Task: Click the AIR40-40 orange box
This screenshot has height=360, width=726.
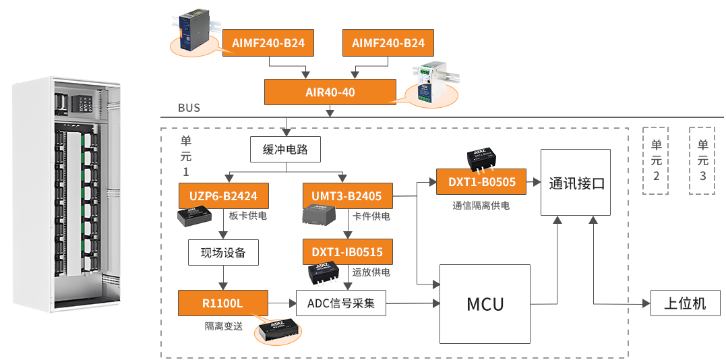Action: pyautogui.click(x=329, y=92)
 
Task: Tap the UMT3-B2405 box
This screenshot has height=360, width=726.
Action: pyautogui.click(x=346, y=196)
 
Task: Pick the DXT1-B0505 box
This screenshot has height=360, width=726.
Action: pyautogui.click(x=481, y=181)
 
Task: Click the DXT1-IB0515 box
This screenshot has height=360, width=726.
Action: pyautogui.click(x=347, y=252)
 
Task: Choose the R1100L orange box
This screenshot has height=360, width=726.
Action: pyautogui.click(x=223, y=303)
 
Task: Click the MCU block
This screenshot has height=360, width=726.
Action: pyautogui.click(x=485, y=303)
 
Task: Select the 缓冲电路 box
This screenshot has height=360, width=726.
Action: pyautogui.click(x=284, y=150)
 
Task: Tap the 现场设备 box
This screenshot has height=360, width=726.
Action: pyautogui.click(x=223, y=253)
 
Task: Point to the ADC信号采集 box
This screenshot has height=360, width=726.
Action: pyautogui.click(x=341, y=303)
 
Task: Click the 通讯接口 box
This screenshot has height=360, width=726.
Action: pyautogui.click(x=576, y=183)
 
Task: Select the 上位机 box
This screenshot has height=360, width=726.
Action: pyautogui.click(x=685, y=303)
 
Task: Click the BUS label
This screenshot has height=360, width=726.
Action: pyautogui.click(x=189, y=108)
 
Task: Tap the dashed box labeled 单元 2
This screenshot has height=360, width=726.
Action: pyautogui.click(x=656, y=160)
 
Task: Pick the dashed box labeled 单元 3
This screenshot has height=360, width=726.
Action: pyautogui.click(x=702, y=160)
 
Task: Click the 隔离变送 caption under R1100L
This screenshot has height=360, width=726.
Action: pyautogui.click(x=223, y=326)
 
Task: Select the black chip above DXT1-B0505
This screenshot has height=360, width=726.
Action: pyautogui.click(x=483, y=156)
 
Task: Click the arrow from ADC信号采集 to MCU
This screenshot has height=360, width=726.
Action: pyautogui.click(x=413, y=303)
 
